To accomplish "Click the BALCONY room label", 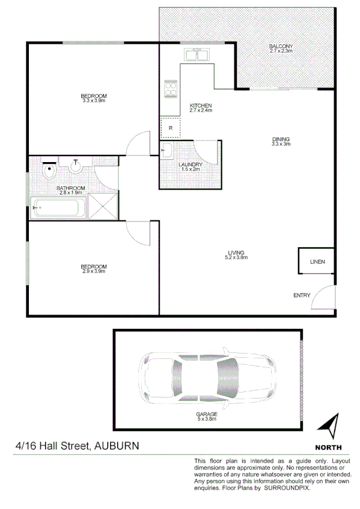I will pyautogui.click(x=281, y=46).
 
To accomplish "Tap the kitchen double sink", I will pyautogui.click(x=196, y=55).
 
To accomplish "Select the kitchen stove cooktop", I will pyautogui.click(x=170, y=89).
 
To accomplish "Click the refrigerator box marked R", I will pyautogui.click(x=171, y=127).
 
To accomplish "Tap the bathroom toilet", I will pyautogui.click(x=50, y=172).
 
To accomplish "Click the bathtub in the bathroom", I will pyautogui.click(x=57, y=208).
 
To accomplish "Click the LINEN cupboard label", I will pyautogui.click(x=317, y=262).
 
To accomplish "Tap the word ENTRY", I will pyautogui.click(x=302, y=295).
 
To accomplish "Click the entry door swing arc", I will pyautogui.click(x=323, y=296).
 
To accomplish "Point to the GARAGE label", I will pyautogui.click(x=206, y=414).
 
